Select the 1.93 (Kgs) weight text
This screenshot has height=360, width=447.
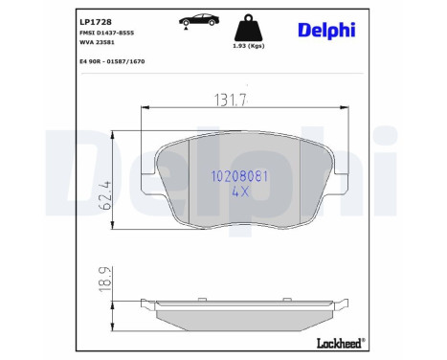248,46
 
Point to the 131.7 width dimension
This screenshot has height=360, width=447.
229,99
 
